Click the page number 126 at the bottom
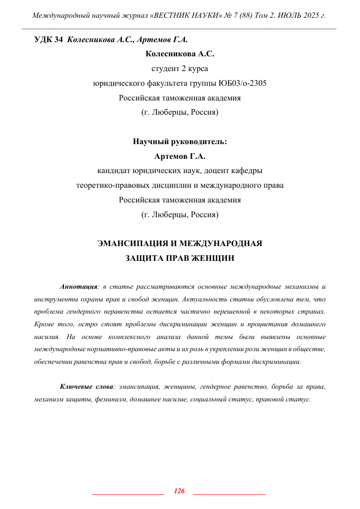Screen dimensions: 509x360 tap(179, 491)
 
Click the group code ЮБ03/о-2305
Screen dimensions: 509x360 tap(239, 84)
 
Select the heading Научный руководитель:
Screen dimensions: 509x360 tap(180, 142)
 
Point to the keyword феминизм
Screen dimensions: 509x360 tap(110, 399)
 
